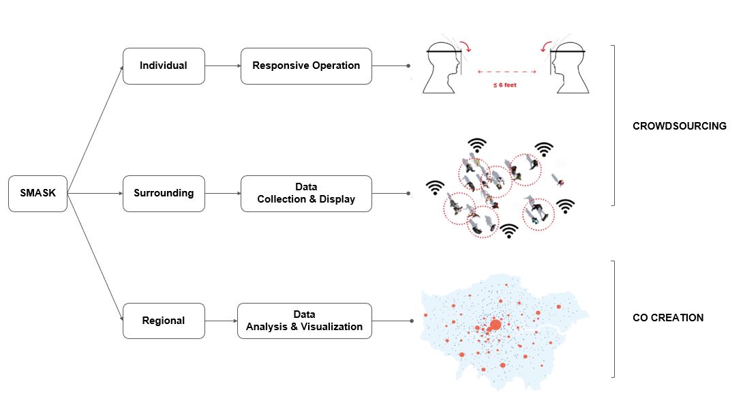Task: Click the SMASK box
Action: (x=37, y=193)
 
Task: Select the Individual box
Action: (x=163, y=65)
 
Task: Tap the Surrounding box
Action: (x=163, y=193)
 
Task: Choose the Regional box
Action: (x=163, y=321)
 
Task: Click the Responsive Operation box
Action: (x=306, y=65)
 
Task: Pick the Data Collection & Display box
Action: (x=306, y=193)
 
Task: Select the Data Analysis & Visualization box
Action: (x=304, y=321)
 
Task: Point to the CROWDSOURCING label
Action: (x=679, y=126)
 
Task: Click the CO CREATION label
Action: (x=668, y=318)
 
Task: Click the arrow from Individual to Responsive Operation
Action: (x=222, y=65)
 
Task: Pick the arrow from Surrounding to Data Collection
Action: (x=222, y=193)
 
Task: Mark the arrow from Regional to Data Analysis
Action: (x=221, y=321)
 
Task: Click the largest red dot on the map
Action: (x=495, y=325)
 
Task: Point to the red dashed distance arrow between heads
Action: (x=507, y=71)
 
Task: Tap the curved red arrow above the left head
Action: (x=468, y=46)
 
